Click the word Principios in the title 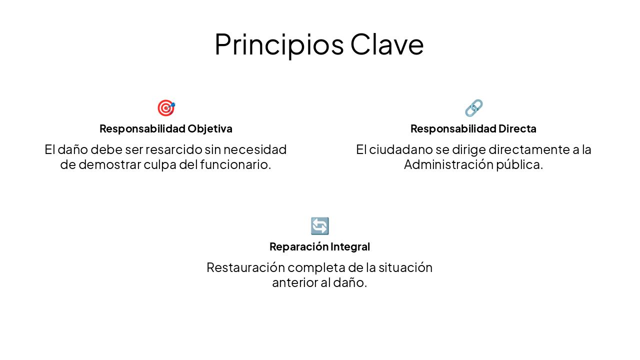[279, 44]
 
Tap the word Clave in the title [387, 44]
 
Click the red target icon [166, 108]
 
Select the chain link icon [473, 108]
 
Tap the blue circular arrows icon [320, 226]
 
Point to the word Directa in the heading [517, 128]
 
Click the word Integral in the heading [350, 246]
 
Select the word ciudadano [398, 149]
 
